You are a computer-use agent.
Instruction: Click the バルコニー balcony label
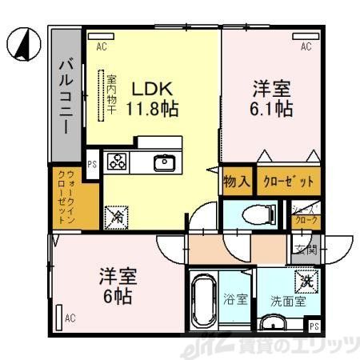[66, 95]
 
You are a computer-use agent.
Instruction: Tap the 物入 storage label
[237, 181]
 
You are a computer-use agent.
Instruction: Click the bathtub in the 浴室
[206, 302]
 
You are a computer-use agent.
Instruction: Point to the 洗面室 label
[288, 302]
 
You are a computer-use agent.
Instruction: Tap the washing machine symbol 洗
[307, 281]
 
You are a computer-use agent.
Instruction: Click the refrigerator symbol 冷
[117, 214]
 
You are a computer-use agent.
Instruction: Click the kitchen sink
[165, 163]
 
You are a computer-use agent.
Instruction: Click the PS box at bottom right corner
[314, 326]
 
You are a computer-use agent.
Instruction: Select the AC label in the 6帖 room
[70, 318]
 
